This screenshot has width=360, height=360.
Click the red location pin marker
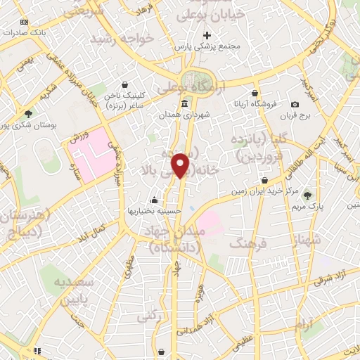[181, 165]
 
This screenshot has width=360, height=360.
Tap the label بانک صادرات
[30, 32]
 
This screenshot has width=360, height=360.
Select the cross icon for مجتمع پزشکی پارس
[207, 35]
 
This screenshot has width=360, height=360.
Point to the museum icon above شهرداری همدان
[184, 104]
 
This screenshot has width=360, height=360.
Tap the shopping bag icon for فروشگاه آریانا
[255, 92]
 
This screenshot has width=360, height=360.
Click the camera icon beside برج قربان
[295, 104]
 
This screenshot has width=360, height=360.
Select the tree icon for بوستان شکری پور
[28, 113]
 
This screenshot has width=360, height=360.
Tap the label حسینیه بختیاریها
[150, 210]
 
